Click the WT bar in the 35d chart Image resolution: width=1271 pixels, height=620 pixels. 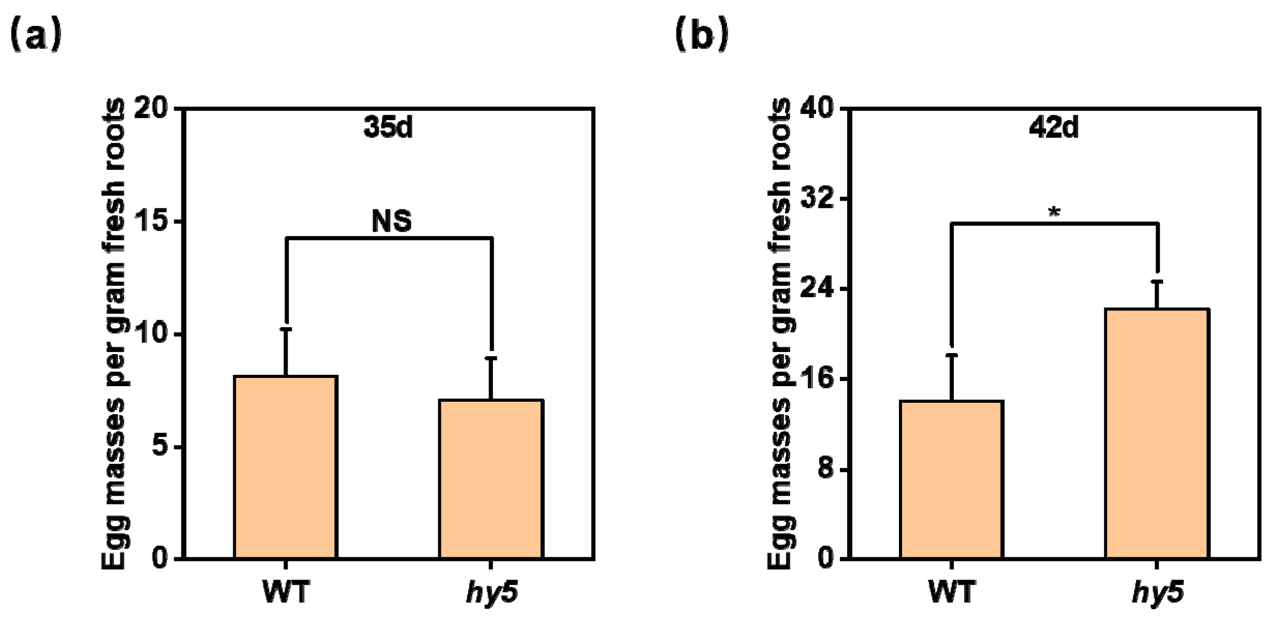[285, 467]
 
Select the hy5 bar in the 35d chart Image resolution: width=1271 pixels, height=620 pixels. [491, 479]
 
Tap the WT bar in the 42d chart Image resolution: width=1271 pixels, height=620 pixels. [951, 480]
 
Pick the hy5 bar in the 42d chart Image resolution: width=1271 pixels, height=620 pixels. [1157, 433]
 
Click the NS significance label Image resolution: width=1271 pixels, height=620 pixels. [392, 221]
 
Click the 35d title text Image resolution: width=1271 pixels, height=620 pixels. [388, 126]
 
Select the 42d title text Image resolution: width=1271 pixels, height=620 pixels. [1054, 126]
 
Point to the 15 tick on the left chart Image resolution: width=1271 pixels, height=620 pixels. [151, 221]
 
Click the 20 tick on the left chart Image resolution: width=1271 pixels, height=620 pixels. [151, 108]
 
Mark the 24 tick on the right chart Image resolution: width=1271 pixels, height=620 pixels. [817, 288]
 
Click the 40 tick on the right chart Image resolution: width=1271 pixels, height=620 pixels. [817, 108]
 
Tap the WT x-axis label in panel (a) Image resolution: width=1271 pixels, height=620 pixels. [285, 591]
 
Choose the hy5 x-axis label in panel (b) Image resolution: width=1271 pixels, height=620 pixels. [1158, 593]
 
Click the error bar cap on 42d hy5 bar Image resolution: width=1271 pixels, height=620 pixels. [1157, 281]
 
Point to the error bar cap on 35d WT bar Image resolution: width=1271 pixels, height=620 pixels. [285, 329]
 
